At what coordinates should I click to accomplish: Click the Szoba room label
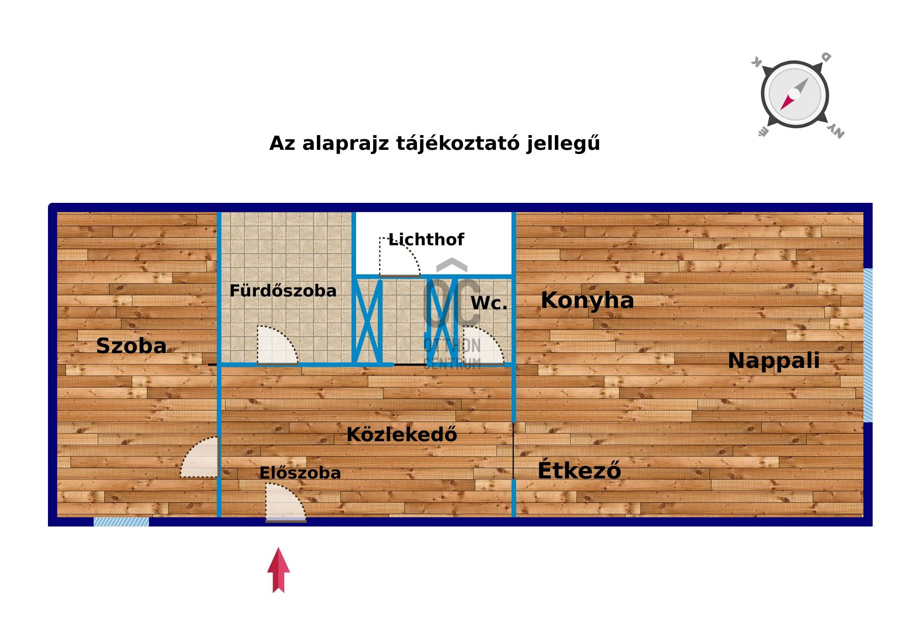pyautogui.click(x=131, y=346)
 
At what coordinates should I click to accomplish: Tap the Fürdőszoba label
pyautogui.click(x=283, y=291)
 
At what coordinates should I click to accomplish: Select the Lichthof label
pyautogui.click(x=426, y=239)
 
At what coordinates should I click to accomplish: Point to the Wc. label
pyautogui.click(x=489, y=303)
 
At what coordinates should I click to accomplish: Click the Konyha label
pyautogui.click(x=587, y=300)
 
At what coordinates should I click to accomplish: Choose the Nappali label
pyautogui.click(x=773, y=361)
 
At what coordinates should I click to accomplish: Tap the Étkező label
pyautogui.click(x=579, y=470)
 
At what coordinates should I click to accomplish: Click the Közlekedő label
pyautogui.click(x=402, y=434)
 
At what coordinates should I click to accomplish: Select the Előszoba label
pyautogui.click(x=300, y=473)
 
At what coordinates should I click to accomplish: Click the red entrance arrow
pyautogui.click(x=279, y=570)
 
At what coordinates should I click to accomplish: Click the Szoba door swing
pyautogui.click(x=199, y=457)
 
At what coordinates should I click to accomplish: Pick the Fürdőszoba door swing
pyautogui.click(x=277, y=345)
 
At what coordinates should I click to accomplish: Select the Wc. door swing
pyautogui.click(x=483, y=346)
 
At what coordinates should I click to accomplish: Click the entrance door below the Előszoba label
pyautogui.click(x=285, y=502)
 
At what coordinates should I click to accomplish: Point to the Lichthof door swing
pyautogui.click(x=399, y=257)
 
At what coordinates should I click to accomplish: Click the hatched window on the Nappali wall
pyautogui.click(x=868, y=345)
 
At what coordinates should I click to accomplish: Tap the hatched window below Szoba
pyautogui.click(x=121, y=522)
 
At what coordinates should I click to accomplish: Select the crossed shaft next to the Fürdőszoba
pyautogui.click(x=368, y=321)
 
